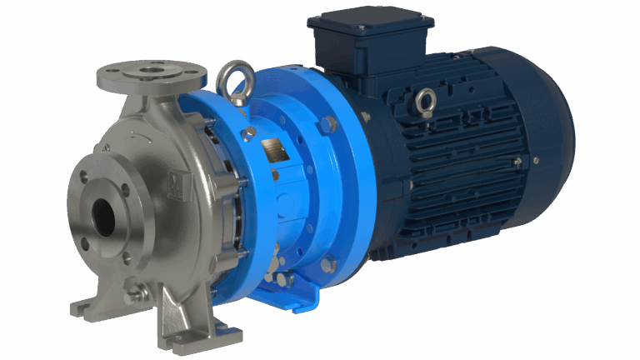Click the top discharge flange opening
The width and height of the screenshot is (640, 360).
151,72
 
